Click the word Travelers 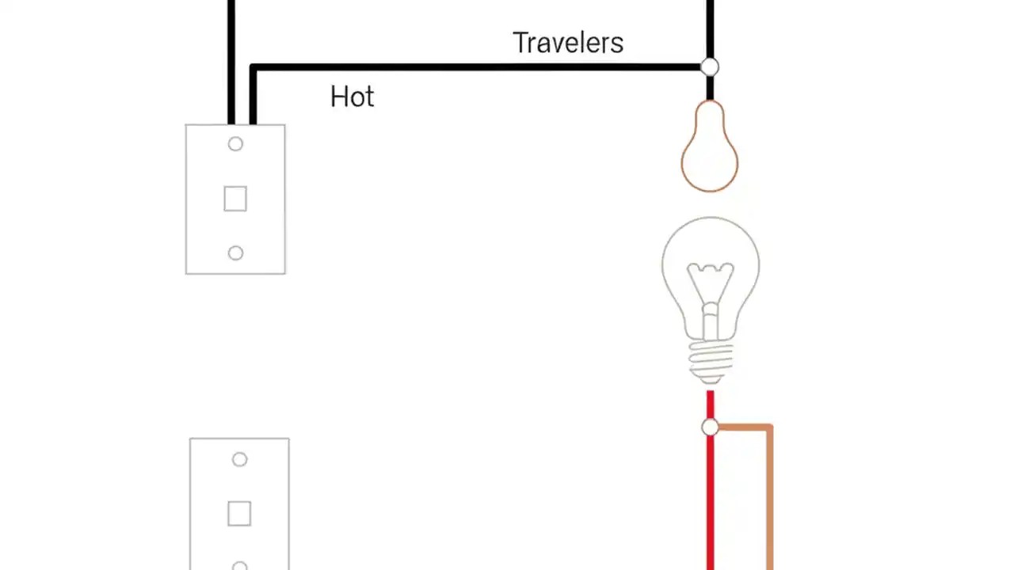pos(567,43)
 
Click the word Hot pos(352,97)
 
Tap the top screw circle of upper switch pos(235,144)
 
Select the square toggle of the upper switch pos(235,199)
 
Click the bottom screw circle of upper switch pos(235,253)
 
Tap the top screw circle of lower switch pos(239,459)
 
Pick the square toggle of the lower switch pos(239,514)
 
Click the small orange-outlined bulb pos(710,150)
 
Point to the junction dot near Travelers pos(710,67)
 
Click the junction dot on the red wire pos(710,427)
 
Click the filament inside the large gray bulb pos(710,285)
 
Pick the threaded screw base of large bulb pos(710,360)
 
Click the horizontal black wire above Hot pos(475,68)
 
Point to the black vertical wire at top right pos(710,24)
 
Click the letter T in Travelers pos(520,43)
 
